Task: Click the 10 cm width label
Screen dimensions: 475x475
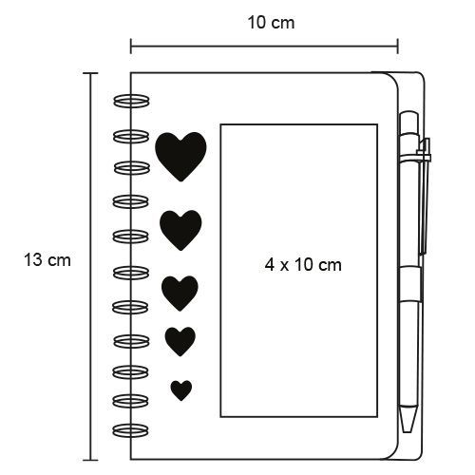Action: pos(271,23)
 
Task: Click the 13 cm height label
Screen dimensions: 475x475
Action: pos(47,260)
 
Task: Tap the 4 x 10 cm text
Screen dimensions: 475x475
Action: pos(303,265)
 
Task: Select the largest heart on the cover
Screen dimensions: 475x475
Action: pos(180,157)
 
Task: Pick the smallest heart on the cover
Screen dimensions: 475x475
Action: pos(181,390)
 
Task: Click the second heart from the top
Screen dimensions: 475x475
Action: pos(180,230)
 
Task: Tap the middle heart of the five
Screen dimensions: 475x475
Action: pos(180,293)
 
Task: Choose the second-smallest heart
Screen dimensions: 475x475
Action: pos(180,341)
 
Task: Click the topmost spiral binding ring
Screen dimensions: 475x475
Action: pos(131,101)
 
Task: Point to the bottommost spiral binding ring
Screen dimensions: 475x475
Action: pos(131,430)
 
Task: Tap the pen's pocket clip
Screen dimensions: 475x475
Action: pos(424,197)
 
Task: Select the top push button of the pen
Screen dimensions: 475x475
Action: pos(409,122)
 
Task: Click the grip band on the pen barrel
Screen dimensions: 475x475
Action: pos(410,284)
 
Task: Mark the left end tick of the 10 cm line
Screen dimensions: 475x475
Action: pos(131,47)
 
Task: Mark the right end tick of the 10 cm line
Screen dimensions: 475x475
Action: pos(398,47)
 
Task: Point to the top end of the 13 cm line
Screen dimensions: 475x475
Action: pos(90,73)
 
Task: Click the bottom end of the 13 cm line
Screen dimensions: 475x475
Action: pos(90,460)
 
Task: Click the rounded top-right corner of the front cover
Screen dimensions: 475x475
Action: pos(392,79)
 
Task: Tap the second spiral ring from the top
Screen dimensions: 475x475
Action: pos(131,136)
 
